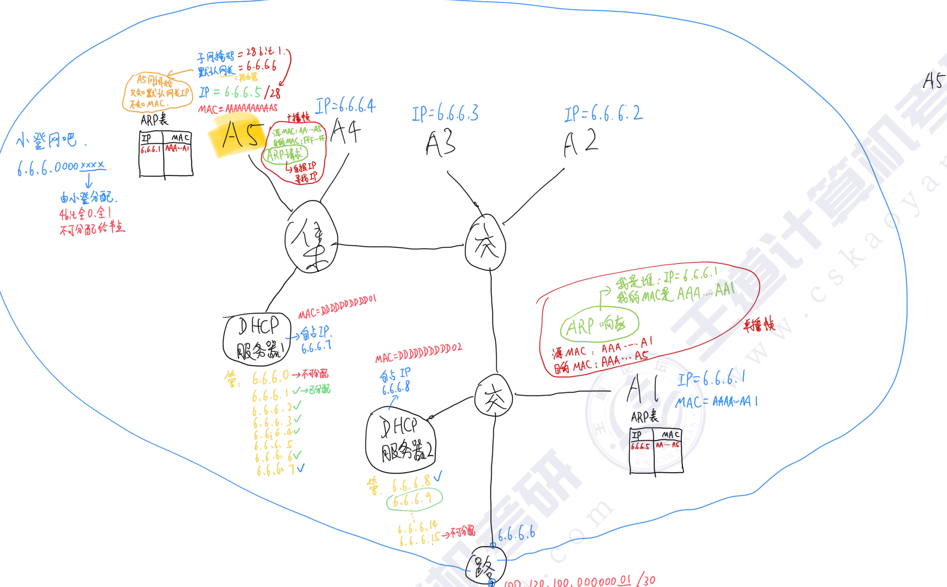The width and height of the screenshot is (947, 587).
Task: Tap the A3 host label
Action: pyautogui.click(x=441, y=144)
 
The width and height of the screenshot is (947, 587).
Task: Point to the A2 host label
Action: pyautogui.click(x=580, y=142)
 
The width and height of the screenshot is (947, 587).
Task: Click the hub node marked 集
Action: pyautogui.click(x=311, y=237)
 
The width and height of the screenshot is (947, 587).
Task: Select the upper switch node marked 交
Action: pyautogui.click(x=485, y=243)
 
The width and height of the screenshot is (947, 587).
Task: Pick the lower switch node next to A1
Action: pyautogui.click(x=494, y=396)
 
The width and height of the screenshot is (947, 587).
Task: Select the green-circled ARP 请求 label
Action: pyautogui.click(x=285, y=155)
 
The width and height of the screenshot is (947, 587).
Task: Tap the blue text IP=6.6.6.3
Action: pyautogui.click(x=445, y=113)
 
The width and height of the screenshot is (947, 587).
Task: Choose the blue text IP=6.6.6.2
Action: pyautogui.click(x=604, y=113)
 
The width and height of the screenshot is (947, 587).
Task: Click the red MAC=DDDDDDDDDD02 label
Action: pyautogui.click(x=419, y=353)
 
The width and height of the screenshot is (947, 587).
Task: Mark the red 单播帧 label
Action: pyautogui.click(x=759, y=324)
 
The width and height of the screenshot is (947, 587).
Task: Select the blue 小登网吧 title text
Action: pyautogui.click(x=47, y=140)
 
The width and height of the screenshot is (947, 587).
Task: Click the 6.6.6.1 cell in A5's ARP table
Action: pyautogui.click(x=151, y=149)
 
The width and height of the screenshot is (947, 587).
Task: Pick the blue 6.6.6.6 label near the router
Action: pyautogui.click(x=517, y=534)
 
